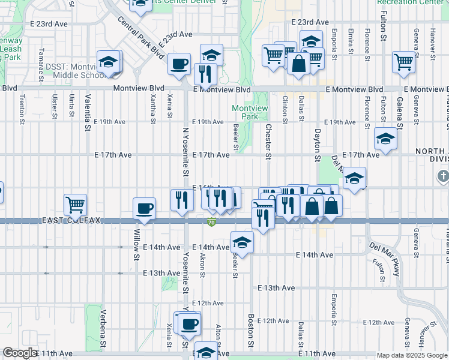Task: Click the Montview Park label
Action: pyautogui.click(x=245, y=112)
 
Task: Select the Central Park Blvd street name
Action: pyautogui.click(x=141, y=37)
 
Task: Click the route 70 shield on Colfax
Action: pyautogui.click(x=211, y=223)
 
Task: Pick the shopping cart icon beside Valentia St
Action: pyautogui.click(x=76, y=205)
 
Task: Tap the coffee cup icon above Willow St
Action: pyautogui.click(x=144, y=208)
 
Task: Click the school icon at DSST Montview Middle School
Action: pyautogui.click(x=109, y=62)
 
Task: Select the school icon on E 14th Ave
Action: pyautogui.click(x=242, y=242)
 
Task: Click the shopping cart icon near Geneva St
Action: pyautogui.click(x=404, y=61)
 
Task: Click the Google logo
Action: pyautogui.click(x=20, y=353)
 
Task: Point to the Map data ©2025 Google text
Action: pyautogui.click(x=411, y=355)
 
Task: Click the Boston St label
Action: pyautogui.click(x=251, y=329)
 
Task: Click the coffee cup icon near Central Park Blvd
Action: pyautogui.click(x=179, y=63)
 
